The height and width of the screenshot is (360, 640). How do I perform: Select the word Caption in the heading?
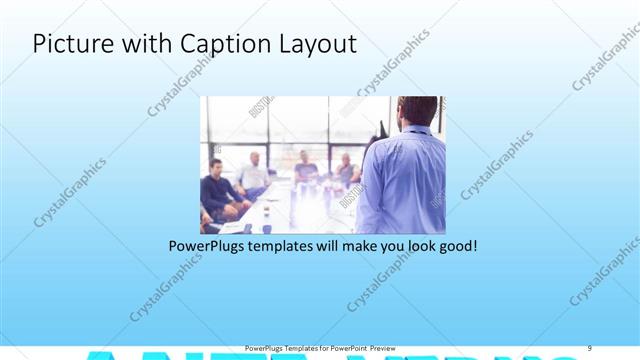click(218, 45)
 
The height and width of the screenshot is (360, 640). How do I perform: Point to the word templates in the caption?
click(282, 244)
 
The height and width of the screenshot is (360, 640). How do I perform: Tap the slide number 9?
click(589, 348)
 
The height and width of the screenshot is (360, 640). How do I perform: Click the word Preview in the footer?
click(389, 348)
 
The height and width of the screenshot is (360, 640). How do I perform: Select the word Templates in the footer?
click(295, 348)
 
